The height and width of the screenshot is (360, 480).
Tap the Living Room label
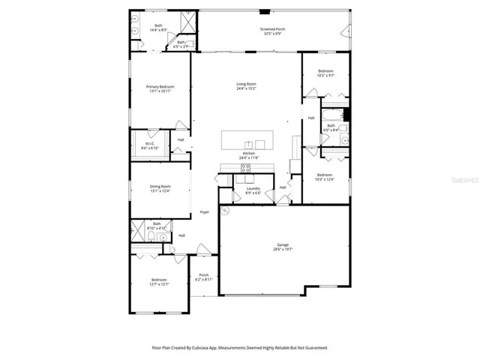point(247,86)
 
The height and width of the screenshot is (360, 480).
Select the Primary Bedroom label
point(159,88)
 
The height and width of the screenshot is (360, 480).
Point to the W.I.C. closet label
point(150,145)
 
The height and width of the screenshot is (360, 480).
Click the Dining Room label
point(160,187)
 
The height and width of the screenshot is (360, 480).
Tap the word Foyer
point(204,212)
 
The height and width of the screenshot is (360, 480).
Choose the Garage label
point(283,247)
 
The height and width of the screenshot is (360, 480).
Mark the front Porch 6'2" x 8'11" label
point(203,277)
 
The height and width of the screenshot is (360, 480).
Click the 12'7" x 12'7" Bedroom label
point(159,282)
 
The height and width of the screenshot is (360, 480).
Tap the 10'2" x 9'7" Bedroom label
point(325,73)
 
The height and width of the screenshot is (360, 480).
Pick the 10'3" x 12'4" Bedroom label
point(324,176)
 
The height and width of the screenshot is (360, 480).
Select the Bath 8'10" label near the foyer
point(157,225)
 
